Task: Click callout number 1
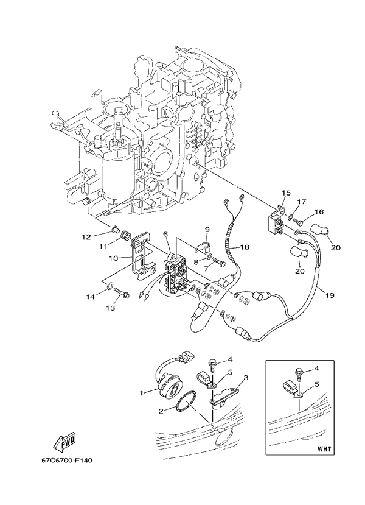pyautogui.click(x=143, y=393)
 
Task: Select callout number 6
pyautogui.click(x=165, y=234)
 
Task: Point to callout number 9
pyautogui.click(x=206, y=230)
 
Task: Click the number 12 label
pyautogui.click(x=86, y=236)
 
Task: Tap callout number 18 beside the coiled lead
pyautogui.click(x=245, y=248)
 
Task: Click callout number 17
pyautogui.click(x=301, y=202)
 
